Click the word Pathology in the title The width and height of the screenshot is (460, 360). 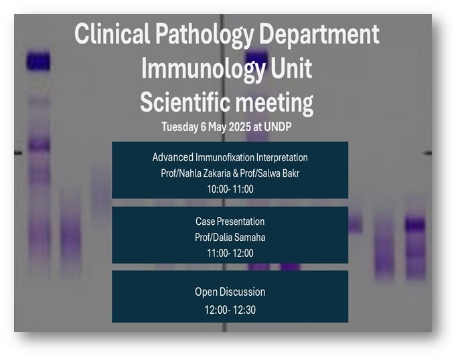tap(204, 35)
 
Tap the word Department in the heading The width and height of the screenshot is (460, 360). tap(319, 35)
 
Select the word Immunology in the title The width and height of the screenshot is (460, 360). tap(204, 69)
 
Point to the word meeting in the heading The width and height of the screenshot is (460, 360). tap(275, 104)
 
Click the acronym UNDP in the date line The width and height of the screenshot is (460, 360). tap(277, 126)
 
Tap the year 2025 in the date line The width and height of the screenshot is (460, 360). tap(240, 126)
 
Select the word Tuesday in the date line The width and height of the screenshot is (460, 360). tap(180, 127)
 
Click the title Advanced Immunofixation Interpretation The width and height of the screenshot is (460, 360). tap(230, 157)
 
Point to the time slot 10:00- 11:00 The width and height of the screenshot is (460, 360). tap(230, 189)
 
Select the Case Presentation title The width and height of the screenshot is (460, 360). tap(230, 221)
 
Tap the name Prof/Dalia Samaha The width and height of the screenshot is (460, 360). tap(230, 237)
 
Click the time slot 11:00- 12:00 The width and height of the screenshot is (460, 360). tap(230, 253)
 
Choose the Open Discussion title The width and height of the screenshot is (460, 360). tap(230, 292)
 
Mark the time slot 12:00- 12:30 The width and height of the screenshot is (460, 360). tap(230, 310)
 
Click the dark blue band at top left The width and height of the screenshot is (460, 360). tap(38, 61)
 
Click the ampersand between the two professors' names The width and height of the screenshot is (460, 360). tap(235, 173)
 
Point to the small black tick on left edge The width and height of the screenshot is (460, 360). tap(18, 153)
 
